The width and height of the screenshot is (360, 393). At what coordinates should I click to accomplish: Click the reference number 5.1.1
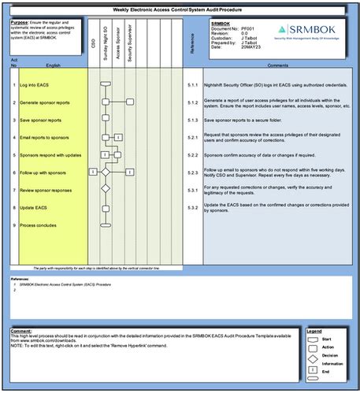(x=192, y=83)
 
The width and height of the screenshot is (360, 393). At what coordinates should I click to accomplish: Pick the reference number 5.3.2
(x=192, y=208)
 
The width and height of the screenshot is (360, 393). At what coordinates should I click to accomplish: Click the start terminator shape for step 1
(x=105, y=83)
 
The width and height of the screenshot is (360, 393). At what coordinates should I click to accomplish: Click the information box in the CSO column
(x=92, y=171)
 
